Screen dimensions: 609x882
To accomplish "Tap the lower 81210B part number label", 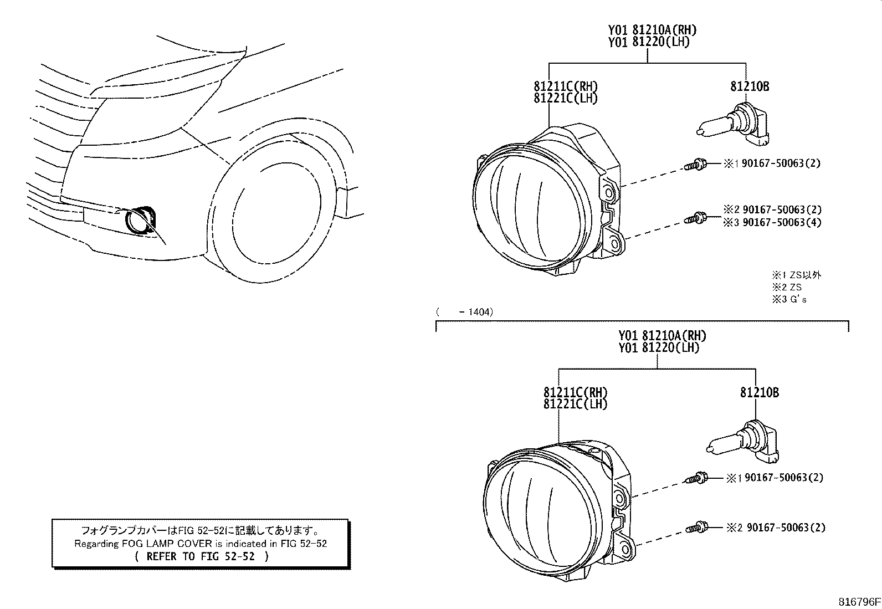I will [759, 392].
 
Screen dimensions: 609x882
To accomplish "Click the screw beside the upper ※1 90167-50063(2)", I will [694, 164].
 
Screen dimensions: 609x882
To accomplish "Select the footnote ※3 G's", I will [789, 300].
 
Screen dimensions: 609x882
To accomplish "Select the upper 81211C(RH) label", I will [566, 86].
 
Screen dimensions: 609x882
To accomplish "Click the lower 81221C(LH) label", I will [575, 404].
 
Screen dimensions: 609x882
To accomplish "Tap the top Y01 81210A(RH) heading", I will [652, 30].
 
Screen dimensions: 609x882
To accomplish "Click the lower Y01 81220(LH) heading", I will [659, 348].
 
